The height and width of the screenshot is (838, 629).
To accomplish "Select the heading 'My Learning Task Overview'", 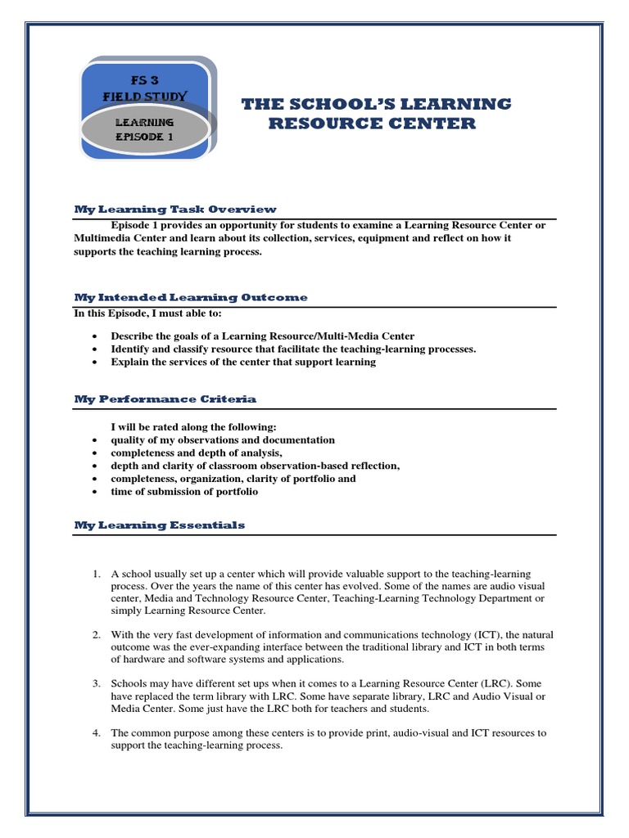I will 175,209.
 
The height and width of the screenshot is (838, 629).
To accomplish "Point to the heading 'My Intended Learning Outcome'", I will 191,297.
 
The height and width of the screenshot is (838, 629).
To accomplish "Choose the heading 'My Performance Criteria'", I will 165,399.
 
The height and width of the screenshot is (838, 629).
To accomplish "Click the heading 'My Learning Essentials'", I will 160,525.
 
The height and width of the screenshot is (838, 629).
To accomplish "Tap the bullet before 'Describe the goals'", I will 97,336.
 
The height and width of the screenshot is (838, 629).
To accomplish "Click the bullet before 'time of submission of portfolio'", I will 97,492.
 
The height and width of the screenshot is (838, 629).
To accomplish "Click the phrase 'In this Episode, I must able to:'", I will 147,313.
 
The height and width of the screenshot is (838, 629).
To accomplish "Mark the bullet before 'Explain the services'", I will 97,363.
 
